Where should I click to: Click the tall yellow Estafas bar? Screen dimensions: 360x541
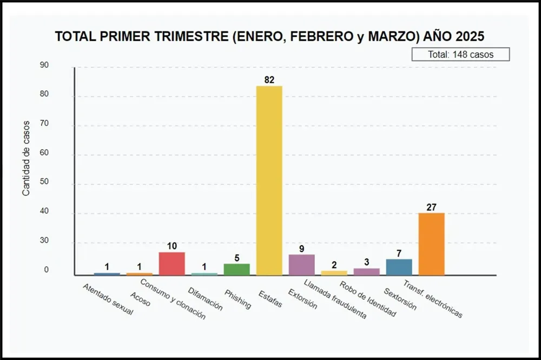point(269,180)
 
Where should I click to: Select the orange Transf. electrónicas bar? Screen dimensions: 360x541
point(431,244)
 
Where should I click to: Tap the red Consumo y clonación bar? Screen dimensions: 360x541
point(171,264)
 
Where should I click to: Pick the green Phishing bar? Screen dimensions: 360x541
point(236,269)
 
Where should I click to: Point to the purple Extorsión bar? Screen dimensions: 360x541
point(301,265)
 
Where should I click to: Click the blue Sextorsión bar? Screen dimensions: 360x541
point(399,267)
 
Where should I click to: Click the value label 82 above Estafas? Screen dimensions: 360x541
point(269,80)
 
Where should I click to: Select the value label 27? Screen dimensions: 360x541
point(431,207)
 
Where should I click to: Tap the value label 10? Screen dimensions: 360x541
point(171,246)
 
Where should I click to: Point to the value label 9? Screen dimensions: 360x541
point(301,248)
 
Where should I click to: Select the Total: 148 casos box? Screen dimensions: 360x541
point(460,54)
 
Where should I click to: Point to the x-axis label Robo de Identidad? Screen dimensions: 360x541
point(368,299)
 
